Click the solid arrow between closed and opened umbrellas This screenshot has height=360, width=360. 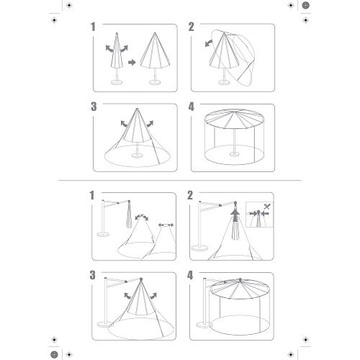(132, 63)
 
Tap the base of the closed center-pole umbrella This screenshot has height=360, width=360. (117, 82)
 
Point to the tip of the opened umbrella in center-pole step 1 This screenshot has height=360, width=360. (155, 33)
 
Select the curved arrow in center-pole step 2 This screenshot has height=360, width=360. (209, 43)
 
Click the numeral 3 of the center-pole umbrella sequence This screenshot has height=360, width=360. (94, 107)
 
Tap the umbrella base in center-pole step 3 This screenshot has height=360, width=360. (138, 156)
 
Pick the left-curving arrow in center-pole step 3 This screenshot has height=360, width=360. (125, 124)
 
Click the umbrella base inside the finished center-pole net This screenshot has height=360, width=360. (234, 154)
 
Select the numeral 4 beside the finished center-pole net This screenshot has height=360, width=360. (191, 107)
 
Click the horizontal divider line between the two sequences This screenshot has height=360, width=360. (180, 180)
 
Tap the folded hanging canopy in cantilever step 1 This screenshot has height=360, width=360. (129, 215)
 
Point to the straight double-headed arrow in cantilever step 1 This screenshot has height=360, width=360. (166, 225)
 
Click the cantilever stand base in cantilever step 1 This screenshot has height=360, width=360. (104, 234)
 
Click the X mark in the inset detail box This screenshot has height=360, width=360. (267, 206)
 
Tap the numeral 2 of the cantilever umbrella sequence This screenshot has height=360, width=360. (190, 195)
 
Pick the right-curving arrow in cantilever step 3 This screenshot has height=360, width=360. (153, 296)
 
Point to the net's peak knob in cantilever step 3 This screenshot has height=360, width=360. (141, 279)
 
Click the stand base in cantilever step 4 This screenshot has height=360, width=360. (204, 325)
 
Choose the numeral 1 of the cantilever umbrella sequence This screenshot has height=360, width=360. (92, 195)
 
